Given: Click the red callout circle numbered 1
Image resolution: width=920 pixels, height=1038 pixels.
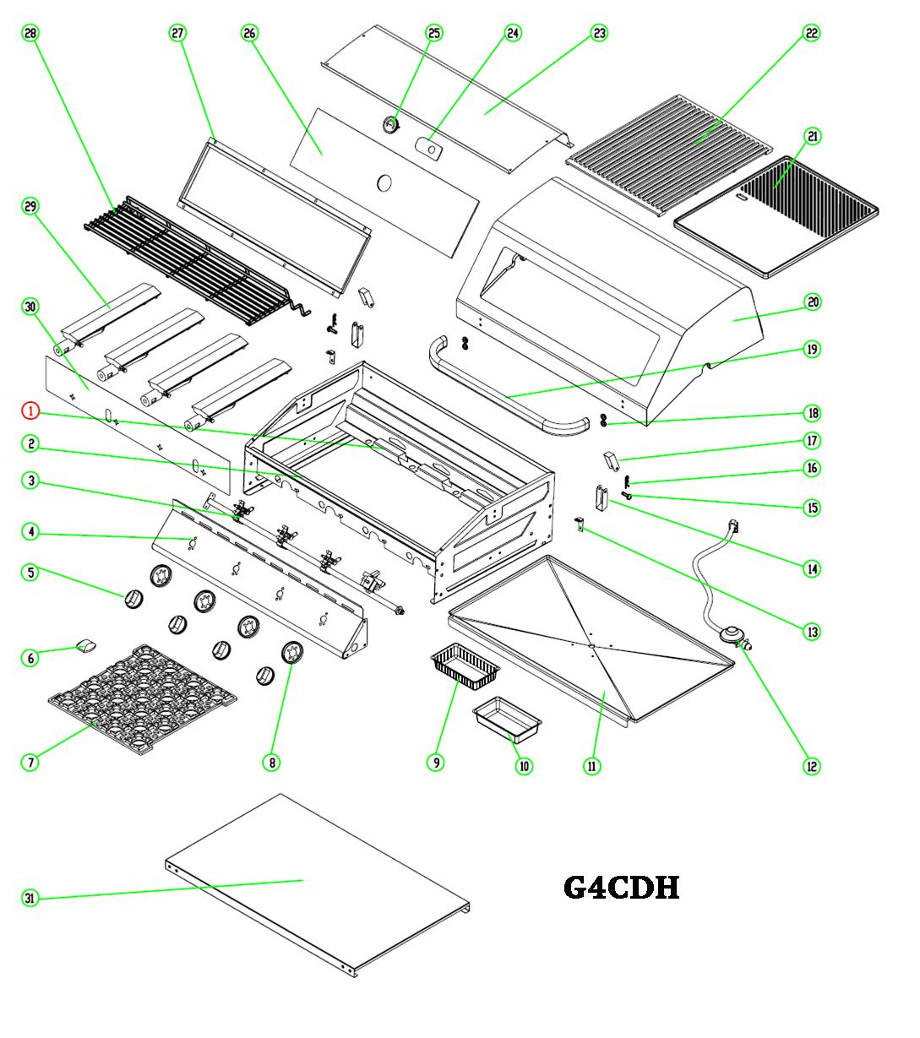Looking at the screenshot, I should [30, 410].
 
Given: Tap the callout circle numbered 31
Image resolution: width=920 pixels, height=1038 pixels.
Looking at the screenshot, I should [30, 899].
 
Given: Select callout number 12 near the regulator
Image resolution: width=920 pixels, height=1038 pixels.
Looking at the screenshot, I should [811, 766].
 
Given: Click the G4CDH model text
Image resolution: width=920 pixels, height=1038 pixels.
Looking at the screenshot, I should [622, 888].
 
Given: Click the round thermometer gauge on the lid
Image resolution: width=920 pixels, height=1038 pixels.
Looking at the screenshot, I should [389, 125].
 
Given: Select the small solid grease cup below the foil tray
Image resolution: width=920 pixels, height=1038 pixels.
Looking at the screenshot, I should [506, 719].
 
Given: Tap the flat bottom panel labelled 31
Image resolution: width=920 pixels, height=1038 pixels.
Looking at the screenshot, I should [317, 883].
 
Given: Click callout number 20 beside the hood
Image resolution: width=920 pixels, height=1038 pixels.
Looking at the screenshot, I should [812, 302].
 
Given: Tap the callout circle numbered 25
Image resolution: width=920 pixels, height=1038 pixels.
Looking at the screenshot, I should [434, 33].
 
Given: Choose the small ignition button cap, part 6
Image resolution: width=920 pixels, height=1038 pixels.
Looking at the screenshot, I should [86, 647].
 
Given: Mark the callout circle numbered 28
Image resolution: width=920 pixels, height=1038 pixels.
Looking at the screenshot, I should [30, 33].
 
